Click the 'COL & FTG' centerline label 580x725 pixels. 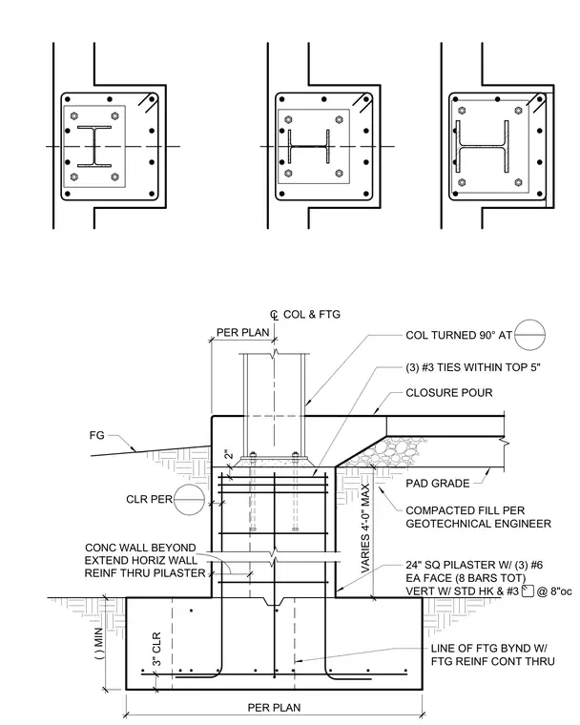pyautogui.click(x=311, y=315)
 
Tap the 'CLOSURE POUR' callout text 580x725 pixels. pyautogui.click(x=449, y=393)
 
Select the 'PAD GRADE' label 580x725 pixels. pyautogui.click(x=438, y=484)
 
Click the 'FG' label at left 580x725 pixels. pyautogui.click(x=96, y=435)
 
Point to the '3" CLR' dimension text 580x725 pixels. pyautogui.click(x=156, y=650)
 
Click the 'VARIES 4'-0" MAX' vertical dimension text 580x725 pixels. pyautogui.click(x=365, y=528)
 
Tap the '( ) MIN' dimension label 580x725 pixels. pyautogui.click(x=100, y=643)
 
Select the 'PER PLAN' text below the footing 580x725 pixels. pyautogui.click(x=275, y=708)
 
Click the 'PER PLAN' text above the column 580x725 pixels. pyautogui.click(x=243, y=332)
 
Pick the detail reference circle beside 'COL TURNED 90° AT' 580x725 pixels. pyautogui.click(x=530, y=334)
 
